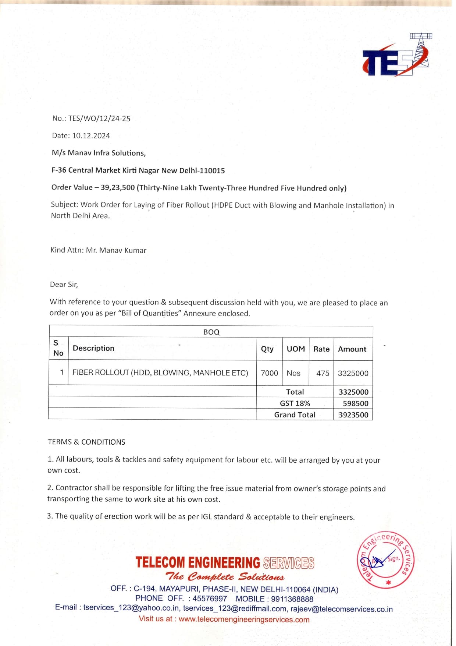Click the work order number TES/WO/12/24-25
(x=99, y=119)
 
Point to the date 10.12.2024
(x=91, y=136)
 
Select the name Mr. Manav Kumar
(x=116, y=251)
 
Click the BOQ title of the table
(x=211, y=332)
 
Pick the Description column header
(x=93, y=348)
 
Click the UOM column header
(x=296, y=349)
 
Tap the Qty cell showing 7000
(x=269, y=373)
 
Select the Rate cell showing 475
(x=323, y=373)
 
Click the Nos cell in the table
(x=293, y=373)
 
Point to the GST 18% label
(x=295, y=403)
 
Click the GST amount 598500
(x=355, y=403)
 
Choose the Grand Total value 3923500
(x=353, y=415)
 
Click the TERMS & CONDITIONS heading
(x=86, y=442)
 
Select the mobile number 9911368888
(x=292, y=599)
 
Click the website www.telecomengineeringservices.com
(x=244, y=619)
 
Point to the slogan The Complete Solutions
(x=225, y=577)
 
